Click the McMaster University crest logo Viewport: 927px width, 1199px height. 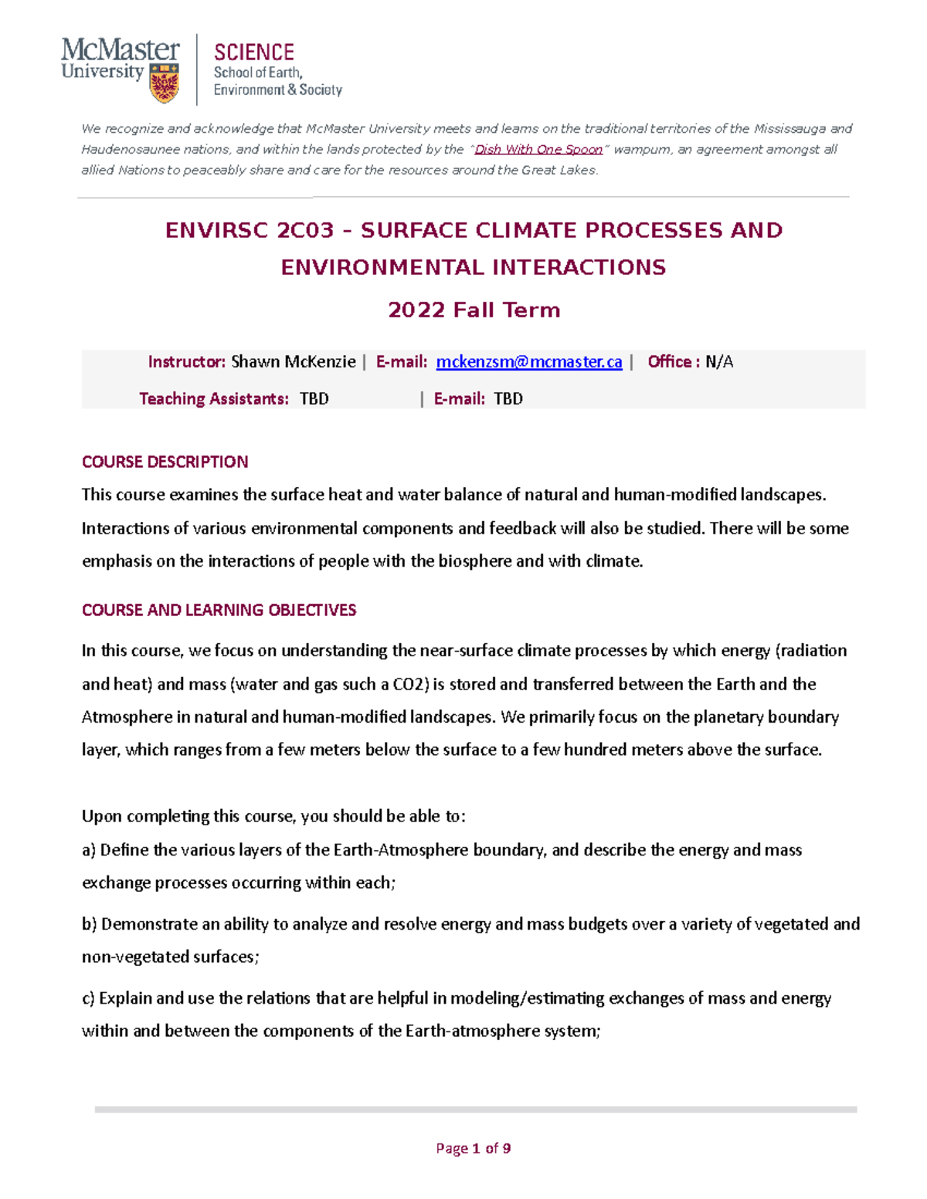point(165,83)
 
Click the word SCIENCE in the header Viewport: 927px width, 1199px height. point(253,52)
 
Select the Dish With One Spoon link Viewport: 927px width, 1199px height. point(538,150)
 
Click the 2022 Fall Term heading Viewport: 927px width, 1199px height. point(474,310)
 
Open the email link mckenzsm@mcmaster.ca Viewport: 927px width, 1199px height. point(529,362)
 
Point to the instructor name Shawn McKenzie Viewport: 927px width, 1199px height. point(294,362)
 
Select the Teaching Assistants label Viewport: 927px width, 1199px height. point(213,398)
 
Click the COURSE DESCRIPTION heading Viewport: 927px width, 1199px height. point(165,462)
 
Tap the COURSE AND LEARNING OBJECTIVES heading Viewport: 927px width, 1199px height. point(219,610)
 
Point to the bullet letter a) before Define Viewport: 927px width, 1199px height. point(89,850)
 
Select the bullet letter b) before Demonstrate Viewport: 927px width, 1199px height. point(90,924)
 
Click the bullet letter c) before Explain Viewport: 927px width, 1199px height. point(89,998)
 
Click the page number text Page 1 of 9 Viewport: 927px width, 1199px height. point(473,1148)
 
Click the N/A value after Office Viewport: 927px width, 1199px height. point(719,362)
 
